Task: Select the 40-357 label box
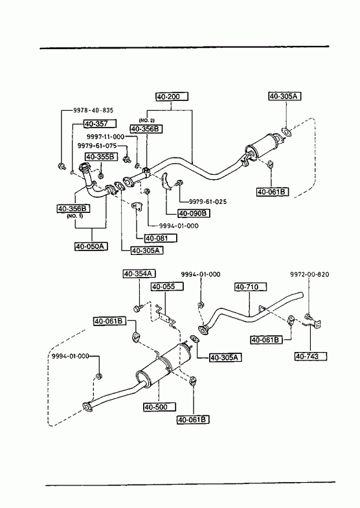[x=100, y=124]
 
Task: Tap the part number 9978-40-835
[x=93, y=111]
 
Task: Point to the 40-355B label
[x=101, y=157]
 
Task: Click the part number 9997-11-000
[x=106, y=137]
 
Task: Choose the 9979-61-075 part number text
[x=97, y=146]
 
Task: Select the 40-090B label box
[x=194, y=214]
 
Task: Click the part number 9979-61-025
[x=208, y=201]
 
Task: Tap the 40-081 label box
[x=161, y=238]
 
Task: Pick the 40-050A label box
[x=91, y=247]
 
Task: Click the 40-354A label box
[x=139, y=274]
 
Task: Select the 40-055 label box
[x=167, y=287]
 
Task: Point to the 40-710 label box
[x=251, y=287]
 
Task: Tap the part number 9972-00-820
[x=309, y=274]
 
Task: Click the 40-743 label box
[x=310, y=357]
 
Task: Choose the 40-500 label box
[x=160, y=407]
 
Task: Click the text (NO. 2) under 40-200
[x=147, y=120]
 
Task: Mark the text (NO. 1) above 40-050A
[x=75, y=216]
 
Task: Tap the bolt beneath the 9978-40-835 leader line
[x=61, y=166]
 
